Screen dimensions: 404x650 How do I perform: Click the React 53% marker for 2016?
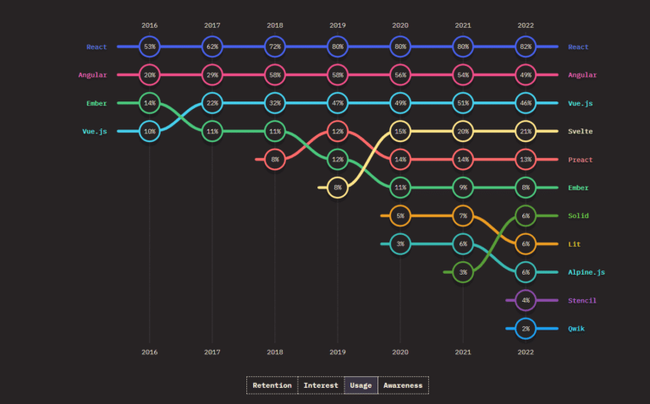(x=150, y=46)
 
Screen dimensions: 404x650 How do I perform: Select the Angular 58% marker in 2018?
(x=275, y=75)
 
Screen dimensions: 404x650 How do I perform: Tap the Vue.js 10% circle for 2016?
(x=150, y=132)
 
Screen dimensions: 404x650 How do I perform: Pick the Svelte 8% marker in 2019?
(x=338, y=188)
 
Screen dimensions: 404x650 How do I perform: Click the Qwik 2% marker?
(x=526, y=329)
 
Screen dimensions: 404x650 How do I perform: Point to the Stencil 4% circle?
(x=526, y=300)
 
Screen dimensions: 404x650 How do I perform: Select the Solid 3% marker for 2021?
(x=463, y=272)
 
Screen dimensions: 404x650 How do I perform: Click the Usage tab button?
(x=361, y=385)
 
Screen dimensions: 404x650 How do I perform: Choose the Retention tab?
(x=272, y=385)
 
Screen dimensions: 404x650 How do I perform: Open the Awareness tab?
(x=403, y=385)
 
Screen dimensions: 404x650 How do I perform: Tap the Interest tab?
(x=321, y=385)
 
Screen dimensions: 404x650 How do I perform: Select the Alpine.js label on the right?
(x=587, y=272)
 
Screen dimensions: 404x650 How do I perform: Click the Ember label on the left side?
(x=96, y=103)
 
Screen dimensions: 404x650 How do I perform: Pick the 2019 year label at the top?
(x=338, y=26)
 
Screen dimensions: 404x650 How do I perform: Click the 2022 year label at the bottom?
(x=526, y=352)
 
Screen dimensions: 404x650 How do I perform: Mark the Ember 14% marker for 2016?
(x=150, y=103)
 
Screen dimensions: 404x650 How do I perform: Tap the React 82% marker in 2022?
(x=526, y=46)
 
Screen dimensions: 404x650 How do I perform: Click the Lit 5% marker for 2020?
(x=400, y=216)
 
